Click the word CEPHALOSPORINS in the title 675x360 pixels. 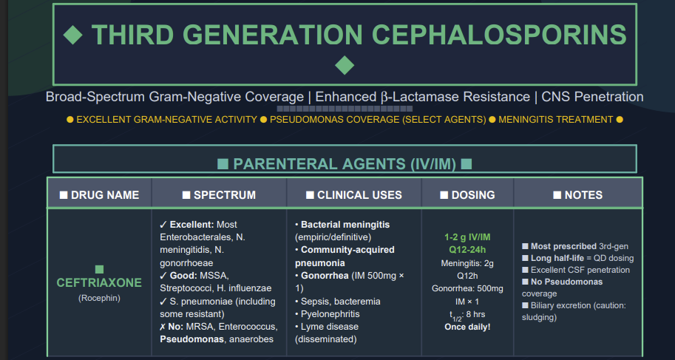(x=499, y=34)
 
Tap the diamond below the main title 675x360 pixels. (x=345, y=66)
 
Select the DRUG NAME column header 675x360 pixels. (x=100, y=195)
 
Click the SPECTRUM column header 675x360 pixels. (x=219, y=195)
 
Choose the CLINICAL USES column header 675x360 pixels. (x=354, y=195)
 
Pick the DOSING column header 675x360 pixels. (x=467, y=195)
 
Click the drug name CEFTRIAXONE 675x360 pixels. (x=99, y=282)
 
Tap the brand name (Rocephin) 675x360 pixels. (x=99, y=298)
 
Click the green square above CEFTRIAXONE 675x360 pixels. (x=99, y=269)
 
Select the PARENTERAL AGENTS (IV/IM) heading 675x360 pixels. (x=345, y=164)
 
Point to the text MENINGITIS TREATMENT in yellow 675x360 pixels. (x=555, y=120)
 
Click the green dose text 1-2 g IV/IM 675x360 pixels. (x=467, y=237)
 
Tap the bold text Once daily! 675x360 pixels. (x=467, y=327)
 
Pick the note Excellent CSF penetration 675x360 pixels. (x=580, y=270)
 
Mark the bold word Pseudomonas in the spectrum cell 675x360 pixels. (x=191, y=339)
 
